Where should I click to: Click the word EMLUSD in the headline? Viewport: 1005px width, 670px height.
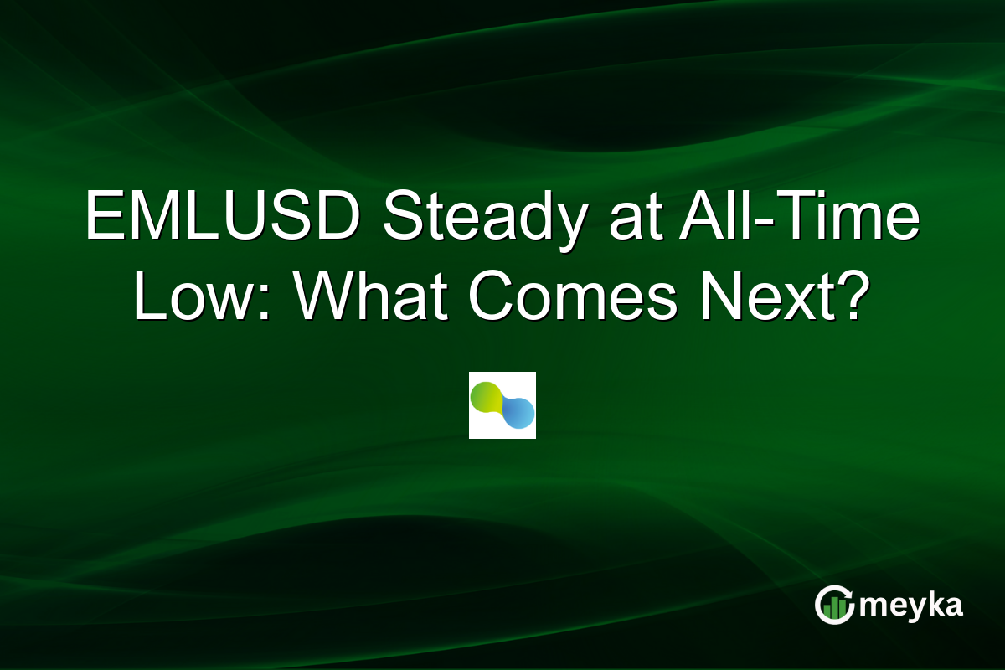click(223, 220)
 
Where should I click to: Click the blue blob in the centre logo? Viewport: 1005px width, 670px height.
click(518, 413)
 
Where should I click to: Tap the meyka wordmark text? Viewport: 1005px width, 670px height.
click(913, 606)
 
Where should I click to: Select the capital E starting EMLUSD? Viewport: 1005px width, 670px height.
click(104, 220)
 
